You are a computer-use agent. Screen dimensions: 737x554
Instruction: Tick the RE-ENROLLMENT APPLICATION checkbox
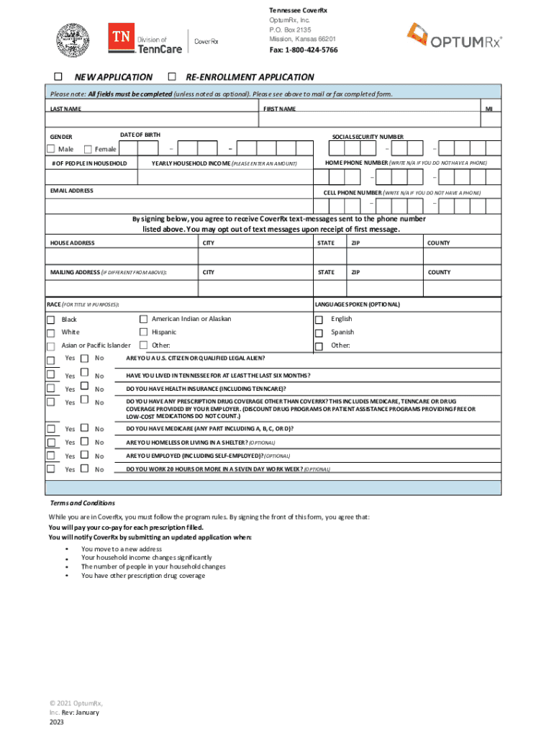pyautogui.click(x=172, y=76)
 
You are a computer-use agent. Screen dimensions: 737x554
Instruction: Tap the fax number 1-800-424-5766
pyautogui.click(x=304, y=50)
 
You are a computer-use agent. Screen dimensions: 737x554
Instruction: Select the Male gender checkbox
pyautogui.click(x=50, y=149)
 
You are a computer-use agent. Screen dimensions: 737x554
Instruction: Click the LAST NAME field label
pyautogui.click(x=65, y=109)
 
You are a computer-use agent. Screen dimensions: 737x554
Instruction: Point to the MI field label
pyautogui.click(x=489, y=109)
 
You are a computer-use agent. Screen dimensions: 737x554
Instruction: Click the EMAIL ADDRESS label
pyautogui.click(x=71, y=191)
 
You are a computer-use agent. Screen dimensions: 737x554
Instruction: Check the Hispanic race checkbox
pyautogui.click(x=144, y=332)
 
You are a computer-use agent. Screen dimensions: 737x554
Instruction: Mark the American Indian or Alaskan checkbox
pyautogui.click(x=144, y=319)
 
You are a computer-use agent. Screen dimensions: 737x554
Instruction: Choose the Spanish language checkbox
pyautogui.click(x=319, y=333)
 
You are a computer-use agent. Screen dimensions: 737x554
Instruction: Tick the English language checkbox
pyautogui.click(x=319, y=320)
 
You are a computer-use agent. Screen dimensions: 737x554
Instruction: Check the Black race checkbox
pyautogui.click(x=50, y=320)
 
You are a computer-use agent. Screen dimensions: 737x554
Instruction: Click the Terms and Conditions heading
pyautogui.click(x=81, y=503)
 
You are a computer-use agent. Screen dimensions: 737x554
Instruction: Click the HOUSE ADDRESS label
pyautogui.click(x=72, y=243)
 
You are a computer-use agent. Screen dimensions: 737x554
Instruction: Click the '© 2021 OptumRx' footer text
pyautogui.click(x=76, y=702)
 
